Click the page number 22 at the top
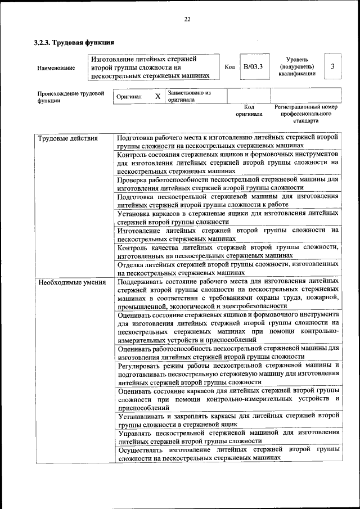point(187,20)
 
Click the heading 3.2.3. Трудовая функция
point(74,42)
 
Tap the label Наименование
point(56,68)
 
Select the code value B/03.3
point(253,67)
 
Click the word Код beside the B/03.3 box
point(229,67)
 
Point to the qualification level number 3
point(332,66)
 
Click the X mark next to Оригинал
point(158,96)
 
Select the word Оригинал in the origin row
point(129,97)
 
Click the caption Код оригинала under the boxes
point(249,110)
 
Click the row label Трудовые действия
point(67,138)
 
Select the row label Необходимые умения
point(72,282)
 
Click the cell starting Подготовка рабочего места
point(228,141)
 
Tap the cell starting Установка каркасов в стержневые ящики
point(228,218)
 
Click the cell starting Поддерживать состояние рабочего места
point(228,293)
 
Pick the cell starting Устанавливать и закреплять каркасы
point(228,420)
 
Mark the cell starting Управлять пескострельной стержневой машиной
point(228,437)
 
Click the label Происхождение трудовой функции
point(71,97)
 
